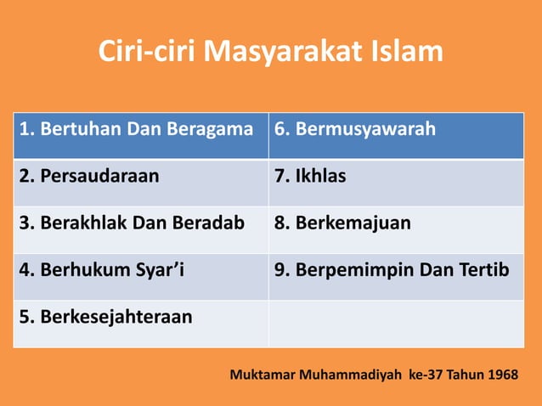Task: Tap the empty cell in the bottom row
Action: coord(396,323)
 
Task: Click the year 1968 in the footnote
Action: coord(500,375)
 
